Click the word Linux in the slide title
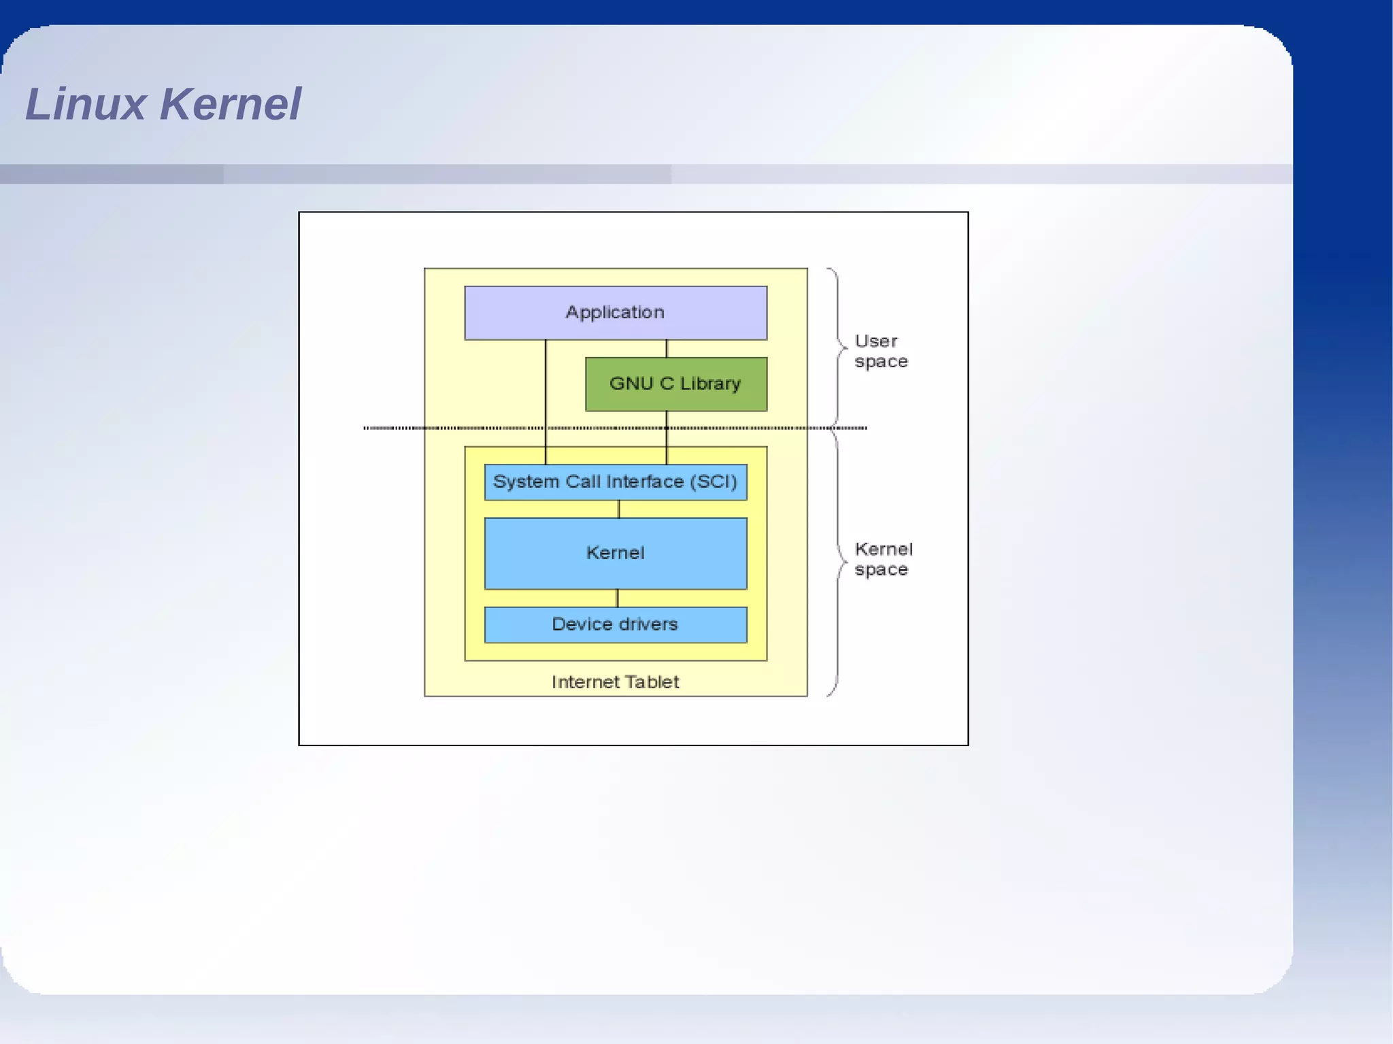(x=86, y=104)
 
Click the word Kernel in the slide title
(x=231, y=104)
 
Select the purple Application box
(x=615, y=313)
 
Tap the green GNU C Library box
(x=675, y=384)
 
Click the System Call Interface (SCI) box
(x=615, y=482)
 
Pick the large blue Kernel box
(x=615, y=553)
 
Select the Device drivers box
(x=615, y=624)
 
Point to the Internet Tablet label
(x=615, y=681)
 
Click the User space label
(x=880, y=351)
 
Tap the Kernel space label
(x=883, y=559)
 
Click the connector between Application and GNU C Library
(x=667, y=349)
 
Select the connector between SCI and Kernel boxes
(x=618, y=509)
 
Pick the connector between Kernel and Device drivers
(x=617, y=598)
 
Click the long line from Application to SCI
(x=546, y=401)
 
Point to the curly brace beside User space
(x=837, y=346)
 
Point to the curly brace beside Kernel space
(x=837, y=562)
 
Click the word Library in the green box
(x=710, y=384)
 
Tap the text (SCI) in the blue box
(x=714, y=482)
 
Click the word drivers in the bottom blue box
(x=648, y=624)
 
